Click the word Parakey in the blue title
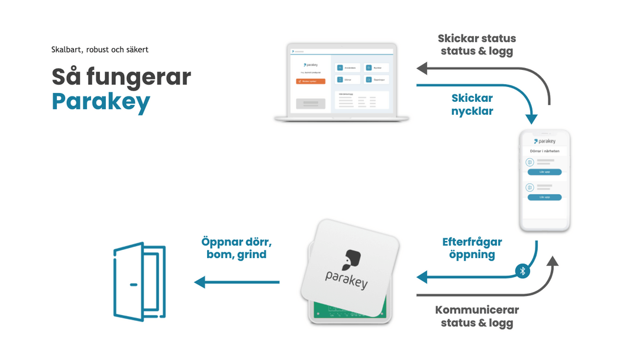[x=101, y=102]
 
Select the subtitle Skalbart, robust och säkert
[x=99, y=50]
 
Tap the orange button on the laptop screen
[x=311, y=81]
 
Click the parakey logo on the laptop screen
[x=311, y=65]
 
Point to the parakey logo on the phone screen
[x=544, y=142]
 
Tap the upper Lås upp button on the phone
[x=544, y=172]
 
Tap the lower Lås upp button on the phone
[x=544, y=197]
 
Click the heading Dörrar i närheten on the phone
[x=544, y=151]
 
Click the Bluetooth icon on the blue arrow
[x=522, y=271]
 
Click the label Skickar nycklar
[x=472, y=104]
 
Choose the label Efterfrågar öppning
[x=472, y=249]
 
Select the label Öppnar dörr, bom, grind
[x=237, y=249]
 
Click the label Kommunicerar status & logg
[x=477, y=317]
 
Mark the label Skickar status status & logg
[x=477, y=44]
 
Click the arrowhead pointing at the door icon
[x=200, y=282]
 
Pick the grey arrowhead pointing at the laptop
[x=422, y=69]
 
